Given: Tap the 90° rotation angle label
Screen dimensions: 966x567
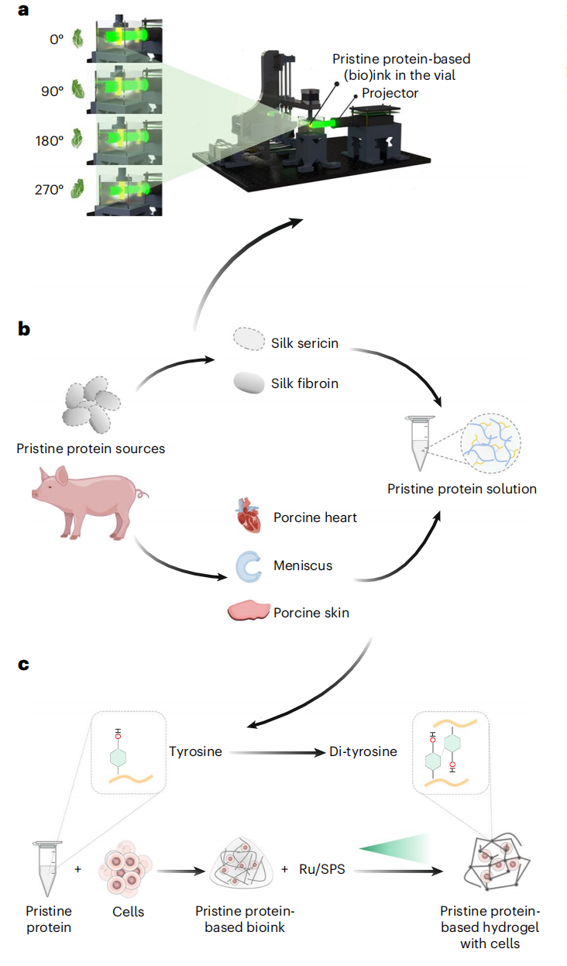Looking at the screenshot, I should (x=53, y=90).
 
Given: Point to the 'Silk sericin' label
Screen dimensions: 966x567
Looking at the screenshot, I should (x=305, y=343).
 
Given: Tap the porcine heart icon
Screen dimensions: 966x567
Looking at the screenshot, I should (x=249, y=517).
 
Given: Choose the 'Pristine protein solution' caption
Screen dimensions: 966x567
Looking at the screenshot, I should (x=462, y=489).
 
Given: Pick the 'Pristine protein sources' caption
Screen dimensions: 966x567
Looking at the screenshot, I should (x=91, y=449).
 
